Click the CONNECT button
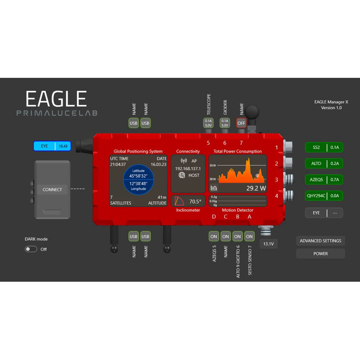click(x=52, y=189)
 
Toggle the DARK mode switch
click(x=31, y=249)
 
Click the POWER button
click(x=320, y=253)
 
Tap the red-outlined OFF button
click(x=241, y=123)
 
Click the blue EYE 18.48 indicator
click(x=52, y=146)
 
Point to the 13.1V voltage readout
click(x=268, y=244)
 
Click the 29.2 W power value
click(x=256, y=188)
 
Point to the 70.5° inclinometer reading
click(x=195, y=202)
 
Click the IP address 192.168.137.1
click(x=188, y=168)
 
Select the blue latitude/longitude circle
click(x=138, y=179)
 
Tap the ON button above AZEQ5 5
click(x=214, y=236)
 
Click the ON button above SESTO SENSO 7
click(x=249, y=236)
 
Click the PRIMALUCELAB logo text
click(x=57, y=113)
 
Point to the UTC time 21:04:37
click(x=118, y=165)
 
